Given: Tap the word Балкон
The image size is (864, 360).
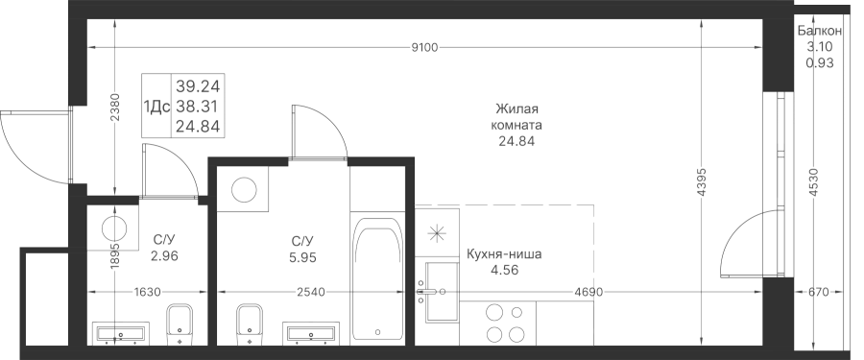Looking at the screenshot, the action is click(820, 32).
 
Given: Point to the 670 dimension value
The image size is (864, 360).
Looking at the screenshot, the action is click(820, 292).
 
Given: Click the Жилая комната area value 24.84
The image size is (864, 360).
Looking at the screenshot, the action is click(516, 142).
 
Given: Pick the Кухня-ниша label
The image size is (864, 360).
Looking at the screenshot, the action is click(504, 254).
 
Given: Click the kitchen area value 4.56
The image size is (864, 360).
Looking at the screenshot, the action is click(505, 270).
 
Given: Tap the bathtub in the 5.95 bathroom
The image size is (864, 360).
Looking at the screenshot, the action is click(377, 278).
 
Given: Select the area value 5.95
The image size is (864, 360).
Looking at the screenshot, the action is click(303, 257).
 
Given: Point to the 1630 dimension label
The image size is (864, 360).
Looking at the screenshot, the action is click(147, 292).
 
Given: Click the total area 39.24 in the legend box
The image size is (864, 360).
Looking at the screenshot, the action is click(198, 86).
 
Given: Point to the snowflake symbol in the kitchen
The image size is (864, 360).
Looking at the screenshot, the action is click(437, 233).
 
